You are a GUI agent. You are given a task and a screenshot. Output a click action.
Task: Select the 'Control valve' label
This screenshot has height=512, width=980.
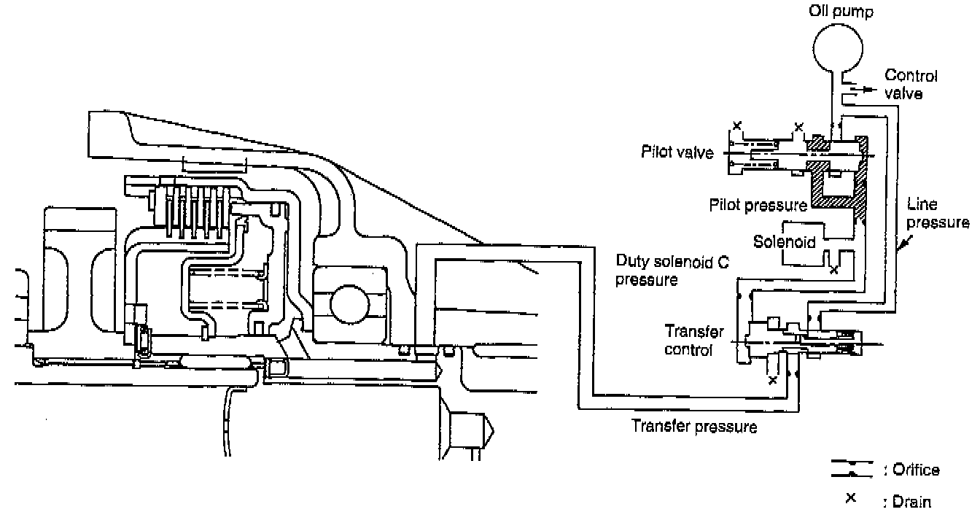click(910, 84)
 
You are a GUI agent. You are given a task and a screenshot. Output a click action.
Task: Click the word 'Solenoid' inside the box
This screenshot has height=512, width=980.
click(784, 241)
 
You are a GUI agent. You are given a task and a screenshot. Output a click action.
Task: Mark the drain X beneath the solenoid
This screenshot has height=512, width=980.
click(834, 270)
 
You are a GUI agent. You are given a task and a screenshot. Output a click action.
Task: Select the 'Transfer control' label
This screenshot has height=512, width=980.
click(694, 341)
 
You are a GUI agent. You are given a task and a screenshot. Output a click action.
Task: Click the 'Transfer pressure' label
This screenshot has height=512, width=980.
click(693, 426)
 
